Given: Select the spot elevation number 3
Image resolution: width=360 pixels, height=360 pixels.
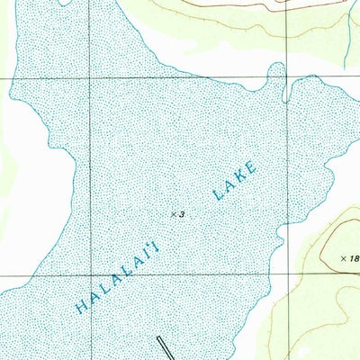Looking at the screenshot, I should pyautogui.click(x=181, y=214).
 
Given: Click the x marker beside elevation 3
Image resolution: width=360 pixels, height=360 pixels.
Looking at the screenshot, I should pyautogui.click(x=173, y=214).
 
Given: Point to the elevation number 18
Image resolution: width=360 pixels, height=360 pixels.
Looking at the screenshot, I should pyautogui.click(x=354, y=258).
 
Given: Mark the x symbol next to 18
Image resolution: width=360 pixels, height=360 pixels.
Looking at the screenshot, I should pyautogui.click(x=344, y=258).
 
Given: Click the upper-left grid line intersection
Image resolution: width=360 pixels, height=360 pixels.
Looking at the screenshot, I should pyautogui.click(x=89, y=79).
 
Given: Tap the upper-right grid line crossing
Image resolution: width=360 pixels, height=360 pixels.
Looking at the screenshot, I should pyautogui.click(x=287, y=78).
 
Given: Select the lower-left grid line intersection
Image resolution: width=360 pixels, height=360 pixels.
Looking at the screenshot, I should pyautogui.click(x=89, y=274).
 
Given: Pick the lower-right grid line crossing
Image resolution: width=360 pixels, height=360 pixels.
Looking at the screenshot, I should pyautogui.click(x=287, y=274).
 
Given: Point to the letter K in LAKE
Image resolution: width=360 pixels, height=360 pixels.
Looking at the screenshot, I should pyautogui.click(x=240, y=175).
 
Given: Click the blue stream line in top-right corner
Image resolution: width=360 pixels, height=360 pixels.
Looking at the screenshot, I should pyautogui.click(x=346, y=36).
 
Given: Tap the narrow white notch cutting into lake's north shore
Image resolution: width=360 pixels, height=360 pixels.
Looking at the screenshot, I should pyautogui.click(x=285, y=90).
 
